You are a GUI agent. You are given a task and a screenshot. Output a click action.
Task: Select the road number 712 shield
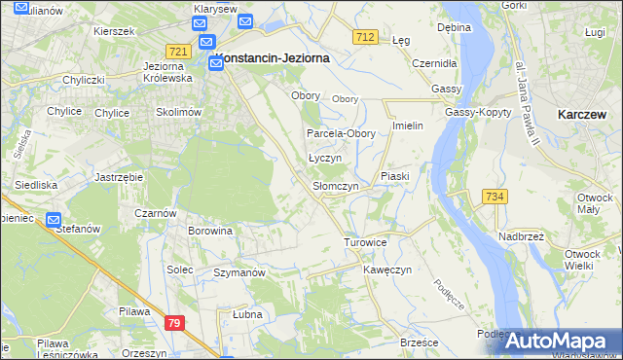click(x=365, y=37)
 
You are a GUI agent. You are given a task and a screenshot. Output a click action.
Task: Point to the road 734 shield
click(x=495, y=198)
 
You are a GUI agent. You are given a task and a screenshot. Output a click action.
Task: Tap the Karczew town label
click(x=584, y=114)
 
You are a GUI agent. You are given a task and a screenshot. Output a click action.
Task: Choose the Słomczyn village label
click(x=335, y=186)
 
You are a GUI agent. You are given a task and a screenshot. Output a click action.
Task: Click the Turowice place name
click(x=366, y=241)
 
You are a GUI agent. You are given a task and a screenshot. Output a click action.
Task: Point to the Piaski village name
click(x=395, y=176)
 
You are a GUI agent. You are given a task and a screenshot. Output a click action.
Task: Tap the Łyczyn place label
click(x=323, y=158)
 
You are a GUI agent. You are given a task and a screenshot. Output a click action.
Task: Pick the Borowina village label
click(x=210, y=232)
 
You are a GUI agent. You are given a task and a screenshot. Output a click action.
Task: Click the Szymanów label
click(x=239, y=273)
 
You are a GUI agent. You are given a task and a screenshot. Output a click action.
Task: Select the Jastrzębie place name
click(x=120, y=177)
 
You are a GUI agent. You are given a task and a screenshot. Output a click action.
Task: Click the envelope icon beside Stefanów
click(x=54, y=220)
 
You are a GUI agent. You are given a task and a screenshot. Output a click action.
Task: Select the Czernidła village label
click(x=434, y=62)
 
